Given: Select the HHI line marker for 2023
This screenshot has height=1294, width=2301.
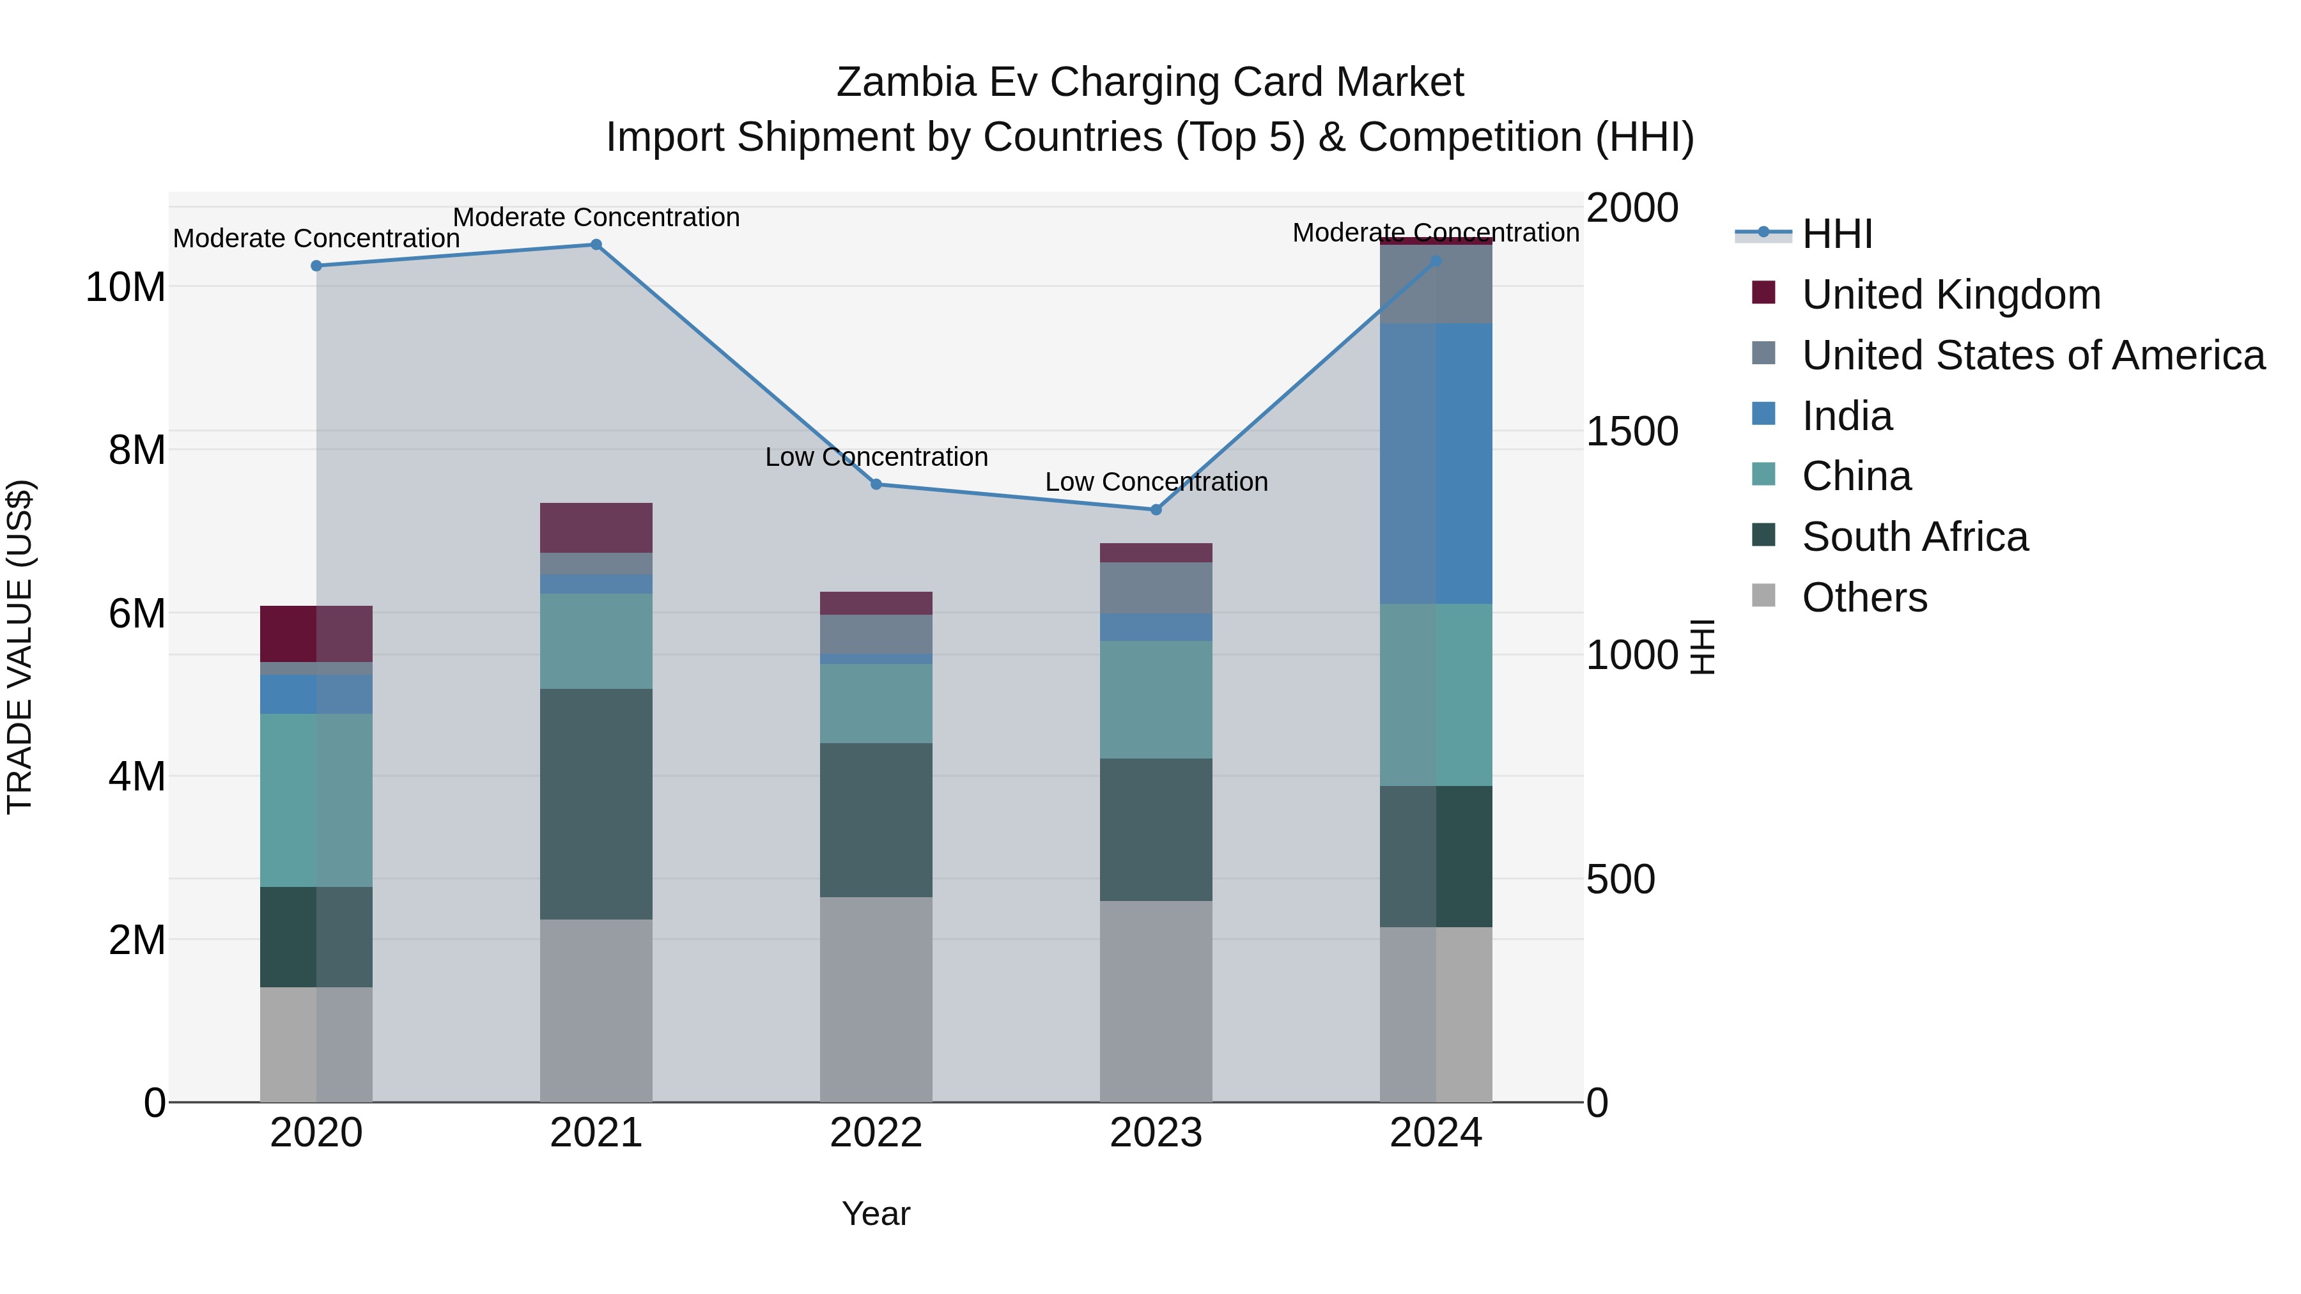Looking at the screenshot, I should tap(1156, 510).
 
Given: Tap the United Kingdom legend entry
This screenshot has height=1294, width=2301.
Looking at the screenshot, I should tap(1951, 295).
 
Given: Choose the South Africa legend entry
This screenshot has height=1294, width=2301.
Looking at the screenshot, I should tap(1914, 537).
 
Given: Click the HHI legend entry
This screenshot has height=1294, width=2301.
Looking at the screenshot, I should tap(1836, 234).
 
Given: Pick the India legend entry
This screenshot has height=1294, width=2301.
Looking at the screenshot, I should tap(1847, 416).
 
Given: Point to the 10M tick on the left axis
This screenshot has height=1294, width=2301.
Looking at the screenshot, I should tap(125, 288).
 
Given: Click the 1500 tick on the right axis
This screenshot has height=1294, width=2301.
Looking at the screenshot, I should tap(1632, 432).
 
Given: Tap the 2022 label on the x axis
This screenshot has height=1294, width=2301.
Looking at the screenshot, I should tap(876, 1133).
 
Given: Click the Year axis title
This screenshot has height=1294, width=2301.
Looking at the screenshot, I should tap(876, 1213).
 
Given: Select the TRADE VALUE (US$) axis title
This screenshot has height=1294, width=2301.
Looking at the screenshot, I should tap(20, 647).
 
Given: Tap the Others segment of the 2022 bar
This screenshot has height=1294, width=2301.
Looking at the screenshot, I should tap(876, 999).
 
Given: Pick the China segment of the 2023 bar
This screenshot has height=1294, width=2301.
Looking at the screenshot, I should tap(1156, 699).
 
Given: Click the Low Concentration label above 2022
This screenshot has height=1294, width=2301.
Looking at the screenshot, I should tap(876, 458).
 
